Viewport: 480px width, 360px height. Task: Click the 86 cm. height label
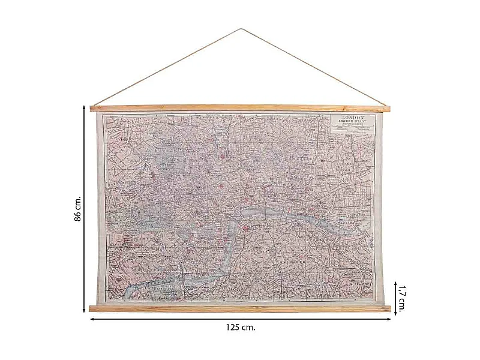click(77, 208)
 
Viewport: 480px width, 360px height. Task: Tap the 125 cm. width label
click(240, 328)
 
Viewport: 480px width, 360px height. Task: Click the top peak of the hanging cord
click(240, 29)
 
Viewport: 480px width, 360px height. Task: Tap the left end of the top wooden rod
click(92, 109)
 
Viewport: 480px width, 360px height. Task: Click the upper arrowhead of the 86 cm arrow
click(84, 107)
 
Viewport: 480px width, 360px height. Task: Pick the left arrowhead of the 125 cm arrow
click(92, 319)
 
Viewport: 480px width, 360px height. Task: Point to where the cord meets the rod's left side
click(95, 106)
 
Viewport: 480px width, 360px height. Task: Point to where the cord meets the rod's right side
click(385, 106)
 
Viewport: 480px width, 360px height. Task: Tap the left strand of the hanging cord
click(168, 67)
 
